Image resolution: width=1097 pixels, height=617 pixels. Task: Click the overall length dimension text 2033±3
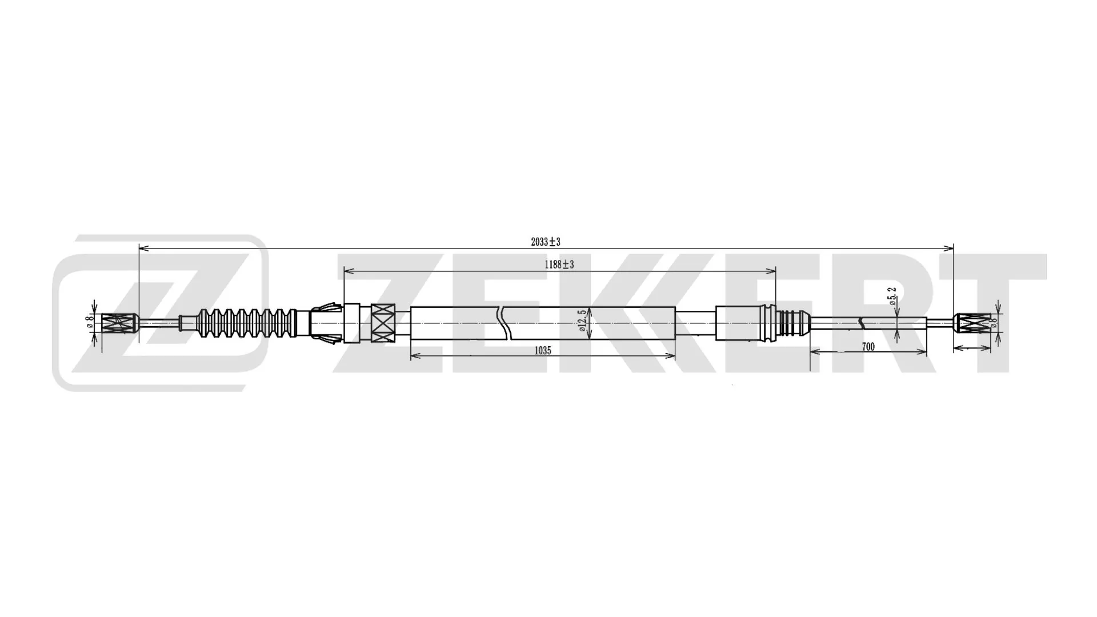pyautogui.click(x=545, y=242)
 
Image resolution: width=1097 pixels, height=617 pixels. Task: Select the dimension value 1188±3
pyautogui.click(x=559, y=265)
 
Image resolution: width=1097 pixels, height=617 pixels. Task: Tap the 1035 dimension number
pyautogui.click(x=542, y=351)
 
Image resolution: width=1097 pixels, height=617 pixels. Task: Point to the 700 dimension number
pyautogui.click(x=868, y=347)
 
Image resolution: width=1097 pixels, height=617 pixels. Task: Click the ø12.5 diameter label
pyautogui.click(x=581, y=321)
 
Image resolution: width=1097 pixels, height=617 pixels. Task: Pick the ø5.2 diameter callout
pyautogui.click(x=893, y=296)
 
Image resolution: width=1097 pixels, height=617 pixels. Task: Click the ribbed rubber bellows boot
pyautogui.click(x=246, y=323)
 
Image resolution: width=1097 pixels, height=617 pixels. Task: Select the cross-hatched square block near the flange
pyautogui.click(x=382, y=323)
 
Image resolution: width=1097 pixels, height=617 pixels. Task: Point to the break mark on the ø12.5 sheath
pyautogui.click(x=502, y=323)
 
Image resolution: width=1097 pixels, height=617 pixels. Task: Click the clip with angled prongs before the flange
pyautogui.click(x=326, y=323)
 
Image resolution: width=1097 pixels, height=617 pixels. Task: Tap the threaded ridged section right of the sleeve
pyautogui.click(x=792, y=324)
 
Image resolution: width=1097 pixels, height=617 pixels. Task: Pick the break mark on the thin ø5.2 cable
pyautogui.click(x=862, y=324)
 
